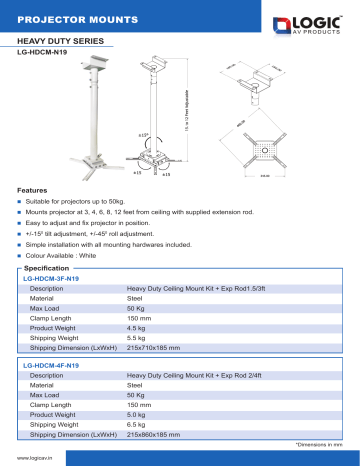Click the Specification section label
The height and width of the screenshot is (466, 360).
[46, 269]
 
